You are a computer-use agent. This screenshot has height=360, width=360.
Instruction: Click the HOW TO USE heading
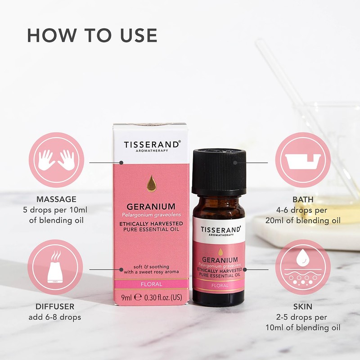[x=92, y=36]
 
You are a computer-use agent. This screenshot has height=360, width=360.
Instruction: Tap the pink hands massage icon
[x=56, y=161]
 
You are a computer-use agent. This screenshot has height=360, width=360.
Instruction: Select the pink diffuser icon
[x=56, y=267]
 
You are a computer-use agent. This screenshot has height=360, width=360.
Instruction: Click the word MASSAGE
[x=56, y=199]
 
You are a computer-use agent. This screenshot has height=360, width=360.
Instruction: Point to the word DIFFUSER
[x=56, y=307]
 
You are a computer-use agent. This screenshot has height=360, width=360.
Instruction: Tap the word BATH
[x=303, y=199]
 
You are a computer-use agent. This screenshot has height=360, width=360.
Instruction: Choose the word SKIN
[x=303, y=307]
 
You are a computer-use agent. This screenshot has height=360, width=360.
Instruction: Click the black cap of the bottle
[x=219, y=172]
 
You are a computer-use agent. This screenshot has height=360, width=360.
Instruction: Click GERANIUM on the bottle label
[x=220, y=260]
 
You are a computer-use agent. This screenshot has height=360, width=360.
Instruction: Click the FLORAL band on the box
[x=151, y=284]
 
